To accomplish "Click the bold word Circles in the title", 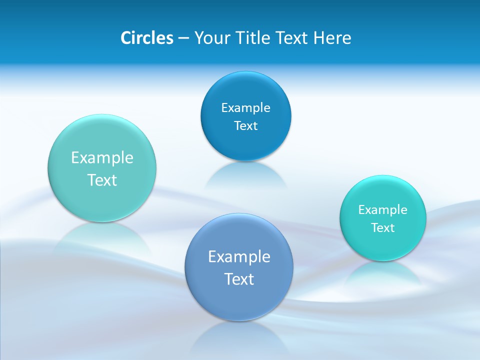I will [x=147, y=38].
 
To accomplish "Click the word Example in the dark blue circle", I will [x=245, y=108].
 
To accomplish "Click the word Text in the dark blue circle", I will [x=245, y=126].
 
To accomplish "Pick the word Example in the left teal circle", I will [x=102, y=158].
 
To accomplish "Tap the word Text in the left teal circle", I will [x=102, y=180].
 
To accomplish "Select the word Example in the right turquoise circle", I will [x=383, y=210].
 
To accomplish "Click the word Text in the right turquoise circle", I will [x=383, y=228].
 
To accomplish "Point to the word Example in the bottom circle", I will [x=239, y=257].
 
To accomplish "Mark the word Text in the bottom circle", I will [x=239, y=279].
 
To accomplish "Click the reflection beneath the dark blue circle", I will [x=245, y=175].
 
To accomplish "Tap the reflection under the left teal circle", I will [x=102, y=237].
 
